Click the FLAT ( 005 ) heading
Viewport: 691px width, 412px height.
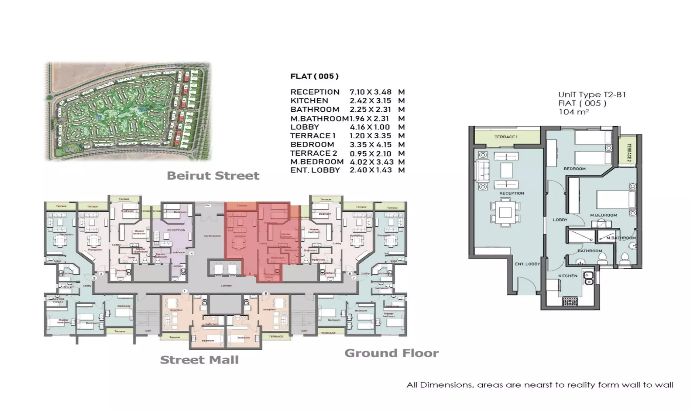tap(314, 76)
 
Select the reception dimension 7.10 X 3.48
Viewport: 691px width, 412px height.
tap(370, 92)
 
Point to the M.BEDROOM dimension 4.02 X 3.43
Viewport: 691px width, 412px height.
tap(371, 162)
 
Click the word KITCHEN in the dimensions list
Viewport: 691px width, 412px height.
tap(309, 101)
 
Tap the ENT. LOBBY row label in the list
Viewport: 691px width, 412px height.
tap(315, 170)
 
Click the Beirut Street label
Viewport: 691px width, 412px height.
tap(213, 176)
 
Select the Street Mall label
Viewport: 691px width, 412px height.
tap(199, 360)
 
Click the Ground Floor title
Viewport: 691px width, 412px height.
tap(391, 353)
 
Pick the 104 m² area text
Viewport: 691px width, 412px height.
tap(573, 112)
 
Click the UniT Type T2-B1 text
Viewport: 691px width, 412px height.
tap(592, 95)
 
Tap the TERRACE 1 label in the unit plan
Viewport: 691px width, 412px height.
tap(506, 137)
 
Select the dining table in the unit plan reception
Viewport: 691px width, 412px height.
tap(505, 213)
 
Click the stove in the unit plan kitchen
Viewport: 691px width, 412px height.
tap(570, 301)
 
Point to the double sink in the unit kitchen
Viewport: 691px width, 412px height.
tap(588, 278)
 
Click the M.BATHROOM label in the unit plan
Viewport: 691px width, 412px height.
tap(621, 238)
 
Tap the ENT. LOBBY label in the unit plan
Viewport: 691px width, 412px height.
tap(527, 264)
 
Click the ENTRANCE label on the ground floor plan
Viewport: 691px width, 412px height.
tap(212, 236)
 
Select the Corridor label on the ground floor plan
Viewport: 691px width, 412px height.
tap(226, 286)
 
